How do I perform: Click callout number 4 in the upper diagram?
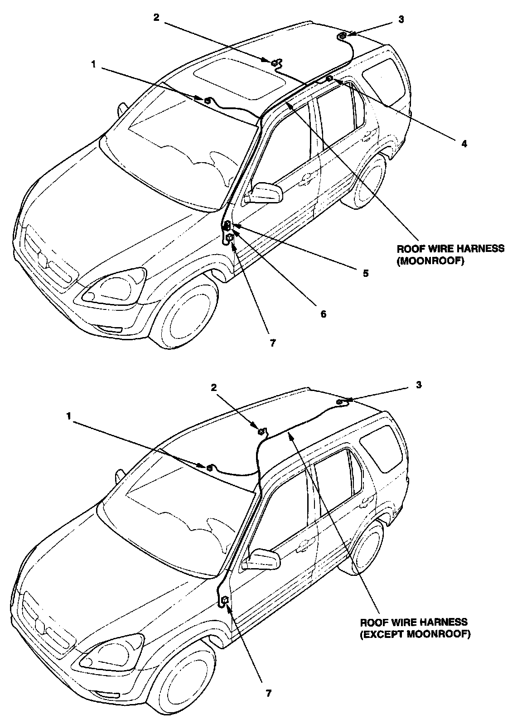[464, 144]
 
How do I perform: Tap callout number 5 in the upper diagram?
[365, 273]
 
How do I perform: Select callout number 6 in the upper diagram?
[323, 314]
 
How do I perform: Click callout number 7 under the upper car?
[272, 343]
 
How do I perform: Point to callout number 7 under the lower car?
[269, 705]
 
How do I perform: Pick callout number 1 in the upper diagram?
[94, 64]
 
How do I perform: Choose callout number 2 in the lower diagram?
[214, 387]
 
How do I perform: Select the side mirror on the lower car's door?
[263, 558]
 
